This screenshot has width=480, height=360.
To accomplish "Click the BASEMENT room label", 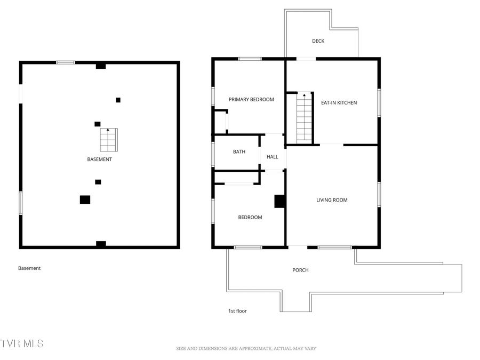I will click(x=100, y=159).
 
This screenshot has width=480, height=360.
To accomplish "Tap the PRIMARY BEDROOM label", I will click(x=251, y=100).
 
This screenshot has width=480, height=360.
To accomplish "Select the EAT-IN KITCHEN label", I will click(x=339, y=103).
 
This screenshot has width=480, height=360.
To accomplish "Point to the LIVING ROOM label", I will click(x=332, y=201).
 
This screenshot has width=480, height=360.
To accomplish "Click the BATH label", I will click(x=239, y=152).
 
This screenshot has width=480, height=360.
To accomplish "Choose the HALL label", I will click(x=273, y=157).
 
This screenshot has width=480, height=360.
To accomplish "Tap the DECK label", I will click(x=318, y=41).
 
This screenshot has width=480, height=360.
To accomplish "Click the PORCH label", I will click(x=300, y=270).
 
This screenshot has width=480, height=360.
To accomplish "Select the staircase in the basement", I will click(x=108, y=140).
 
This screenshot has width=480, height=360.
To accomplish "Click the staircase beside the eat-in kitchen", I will click(x=304, y=117).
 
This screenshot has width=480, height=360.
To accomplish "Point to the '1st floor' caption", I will click(x=237, y=311).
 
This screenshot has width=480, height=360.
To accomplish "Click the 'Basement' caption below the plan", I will click(x=29, y=268).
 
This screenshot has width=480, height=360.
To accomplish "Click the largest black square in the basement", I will click(x=85, y=199).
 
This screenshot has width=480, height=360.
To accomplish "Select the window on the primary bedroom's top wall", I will click(x=250, y=59).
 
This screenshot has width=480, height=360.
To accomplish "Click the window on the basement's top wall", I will click(x=66, y=62).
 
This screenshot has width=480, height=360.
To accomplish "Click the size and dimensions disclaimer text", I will click(x=246, y=349).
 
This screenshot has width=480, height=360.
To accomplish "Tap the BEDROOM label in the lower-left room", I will click(x=250, y=218).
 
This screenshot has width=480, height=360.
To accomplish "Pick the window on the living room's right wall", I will click(x=379, y=194).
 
